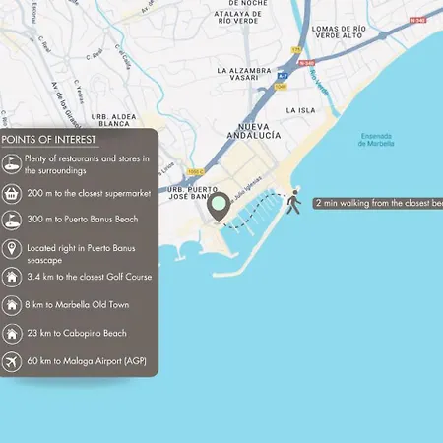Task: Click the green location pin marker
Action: (219, 206)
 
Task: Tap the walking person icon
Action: (292, 203)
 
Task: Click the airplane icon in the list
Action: (12, 361)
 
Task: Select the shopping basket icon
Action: (12, 193)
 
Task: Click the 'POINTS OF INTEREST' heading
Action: (42, 140)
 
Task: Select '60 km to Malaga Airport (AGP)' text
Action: (88, 361)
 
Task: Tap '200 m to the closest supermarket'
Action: (90, 193)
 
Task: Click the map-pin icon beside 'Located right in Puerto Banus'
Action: (12, 249)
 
